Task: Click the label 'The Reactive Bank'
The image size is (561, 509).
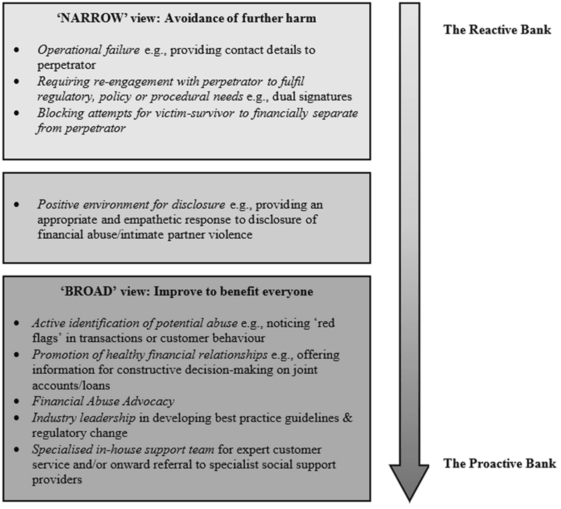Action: click(x=497, y=30)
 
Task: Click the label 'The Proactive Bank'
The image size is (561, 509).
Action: click(x=499, y=463)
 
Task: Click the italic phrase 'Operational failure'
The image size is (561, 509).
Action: click(x=88, y=50)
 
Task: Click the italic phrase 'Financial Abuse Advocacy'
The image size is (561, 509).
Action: click(x=103, y=401)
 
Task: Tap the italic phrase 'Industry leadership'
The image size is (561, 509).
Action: click(x=83, y=418)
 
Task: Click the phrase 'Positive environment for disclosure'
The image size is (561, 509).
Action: click(x=131, y=205)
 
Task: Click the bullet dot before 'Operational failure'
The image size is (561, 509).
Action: click(x=17, y=50)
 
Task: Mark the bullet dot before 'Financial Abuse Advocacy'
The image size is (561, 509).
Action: click(x=17, y=402)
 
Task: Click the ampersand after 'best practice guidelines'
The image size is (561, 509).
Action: click(x=348, y=418)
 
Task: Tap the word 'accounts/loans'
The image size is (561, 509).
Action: click(x=71, y=385)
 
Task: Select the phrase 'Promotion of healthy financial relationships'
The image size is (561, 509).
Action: click(x=149, y=355)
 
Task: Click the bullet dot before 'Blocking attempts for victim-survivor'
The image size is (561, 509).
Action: click(x=17, y=113)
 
